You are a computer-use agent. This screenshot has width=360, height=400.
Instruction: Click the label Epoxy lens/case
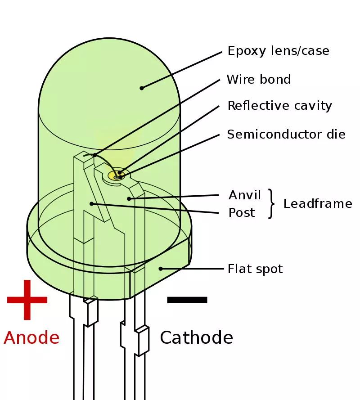pos(278,51)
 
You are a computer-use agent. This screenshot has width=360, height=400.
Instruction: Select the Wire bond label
pos(259,80)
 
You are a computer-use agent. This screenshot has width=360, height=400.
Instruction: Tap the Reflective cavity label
pos(279,106)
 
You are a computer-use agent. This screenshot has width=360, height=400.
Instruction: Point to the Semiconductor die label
pos(286,134)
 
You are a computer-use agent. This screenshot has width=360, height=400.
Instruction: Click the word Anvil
pos(245,195)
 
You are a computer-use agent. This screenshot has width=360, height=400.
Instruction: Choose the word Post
pos(242,212)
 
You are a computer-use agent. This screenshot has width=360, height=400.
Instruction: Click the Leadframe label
pos(317,204)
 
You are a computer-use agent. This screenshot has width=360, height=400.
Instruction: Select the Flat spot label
pos(255,269)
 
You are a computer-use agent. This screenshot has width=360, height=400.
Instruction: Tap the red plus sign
pos(27,300)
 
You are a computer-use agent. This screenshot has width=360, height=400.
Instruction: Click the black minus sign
pos(187,300)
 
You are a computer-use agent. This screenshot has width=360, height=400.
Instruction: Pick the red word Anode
pos(31,337)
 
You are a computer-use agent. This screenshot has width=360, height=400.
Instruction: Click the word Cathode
pos(196,337)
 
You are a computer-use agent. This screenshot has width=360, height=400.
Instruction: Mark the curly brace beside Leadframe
pos(271,204)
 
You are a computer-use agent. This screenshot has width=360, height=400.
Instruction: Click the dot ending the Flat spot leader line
pos(161,269)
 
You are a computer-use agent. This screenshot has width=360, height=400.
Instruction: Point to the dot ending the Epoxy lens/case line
pos(142,88)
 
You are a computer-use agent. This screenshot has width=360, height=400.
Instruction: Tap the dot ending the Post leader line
pos(91,203)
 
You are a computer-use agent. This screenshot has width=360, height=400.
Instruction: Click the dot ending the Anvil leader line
pos(129,198)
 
